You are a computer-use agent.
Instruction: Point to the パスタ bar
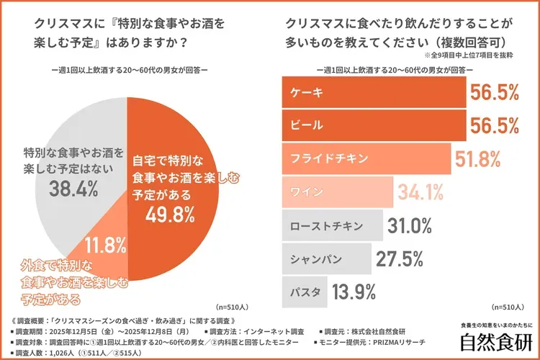[304, 292]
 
